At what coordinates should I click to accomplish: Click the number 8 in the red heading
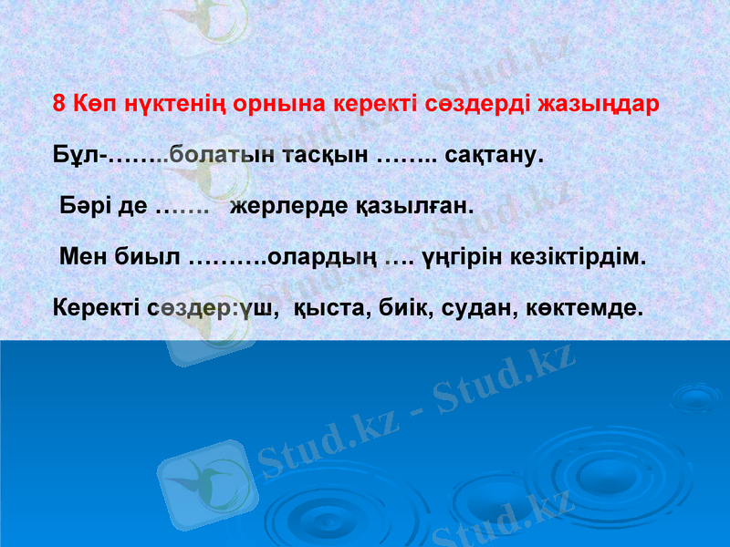click(59, 103)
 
